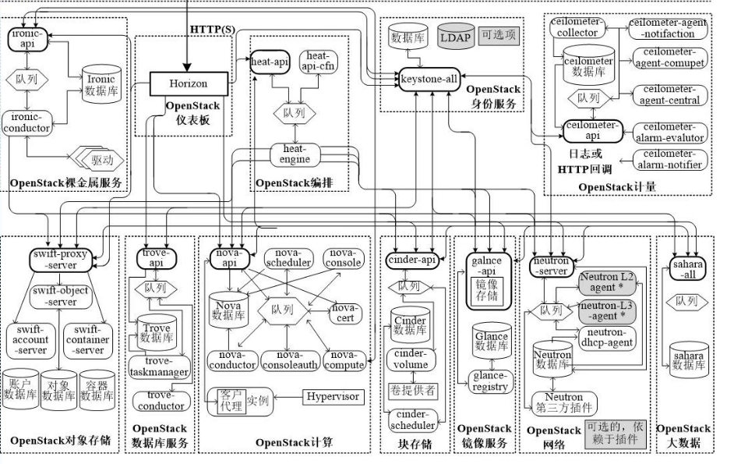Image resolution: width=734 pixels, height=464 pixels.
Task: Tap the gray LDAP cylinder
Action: [x=456, y=37]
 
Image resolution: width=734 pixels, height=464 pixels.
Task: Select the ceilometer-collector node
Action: [x=577, y=28]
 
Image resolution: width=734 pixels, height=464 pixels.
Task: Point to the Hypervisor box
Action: [x=332, y=397]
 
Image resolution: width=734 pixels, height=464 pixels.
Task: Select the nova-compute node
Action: [x=342, y=360]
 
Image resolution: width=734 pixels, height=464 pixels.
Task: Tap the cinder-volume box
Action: [x=411, y=359]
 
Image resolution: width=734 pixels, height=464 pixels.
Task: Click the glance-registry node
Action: [x=490, y=381]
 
